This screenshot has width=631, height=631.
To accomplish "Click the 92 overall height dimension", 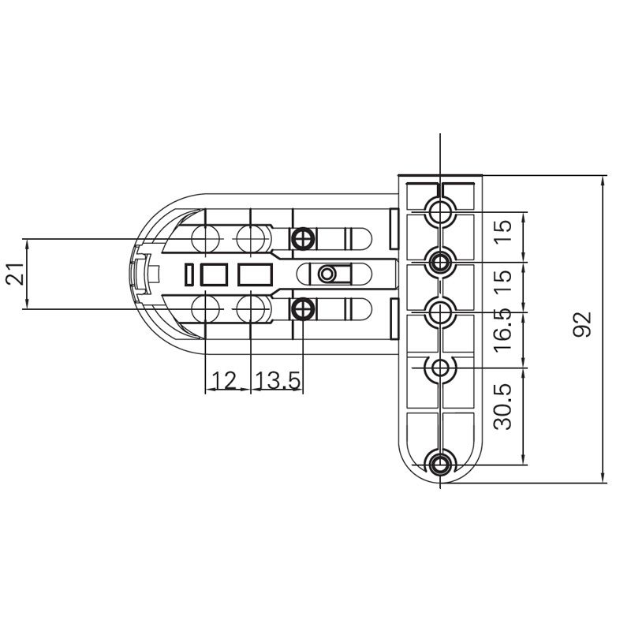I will click(582, 324).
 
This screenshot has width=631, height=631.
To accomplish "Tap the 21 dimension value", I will click(14, 274).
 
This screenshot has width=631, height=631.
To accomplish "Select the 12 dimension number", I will click(225, 382).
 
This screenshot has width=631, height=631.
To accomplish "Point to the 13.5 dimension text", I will click(278, 382).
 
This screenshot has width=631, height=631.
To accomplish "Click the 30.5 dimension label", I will click(505, 406).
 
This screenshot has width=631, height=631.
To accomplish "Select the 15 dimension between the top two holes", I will click(505, 229).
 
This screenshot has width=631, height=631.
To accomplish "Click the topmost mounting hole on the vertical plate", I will click(440, 211).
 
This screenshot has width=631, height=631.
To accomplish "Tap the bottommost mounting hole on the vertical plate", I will click(440, 464).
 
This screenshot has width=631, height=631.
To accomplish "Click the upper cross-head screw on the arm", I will click(302, 237).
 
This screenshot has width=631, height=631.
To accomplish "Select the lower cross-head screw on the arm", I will click(302, 308).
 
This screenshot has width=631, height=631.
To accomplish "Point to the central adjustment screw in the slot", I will click(327, 273).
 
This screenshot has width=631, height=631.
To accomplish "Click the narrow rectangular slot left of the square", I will click(189, 274).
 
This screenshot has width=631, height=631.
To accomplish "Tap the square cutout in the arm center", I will click(215, 274).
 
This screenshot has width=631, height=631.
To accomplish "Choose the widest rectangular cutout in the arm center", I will click(255, 274).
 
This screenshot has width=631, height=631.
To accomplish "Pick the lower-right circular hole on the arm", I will click(252, 308).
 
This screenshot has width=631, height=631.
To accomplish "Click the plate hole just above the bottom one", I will click(440, 367).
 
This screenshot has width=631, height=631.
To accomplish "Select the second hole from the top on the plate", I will click(440, 259).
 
